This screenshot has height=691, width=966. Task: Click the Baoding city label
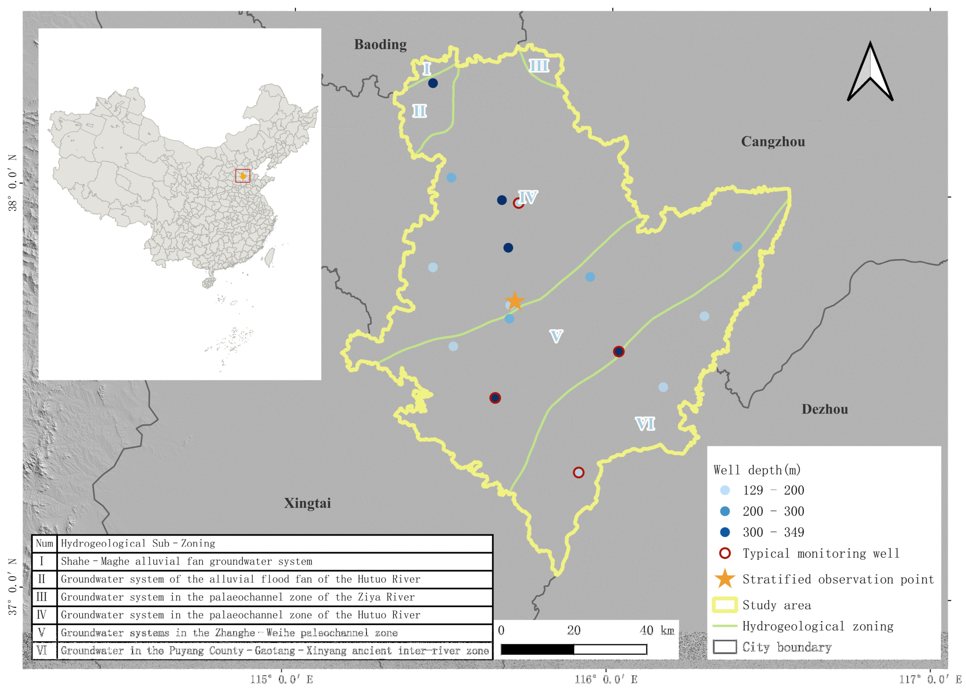(380, 45)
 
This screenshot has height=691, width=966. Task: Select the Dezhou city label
(824, 409)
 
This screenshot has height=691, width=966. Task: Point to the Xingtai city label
(307, 503)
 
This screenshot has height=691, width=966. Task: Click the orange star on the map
(515, 301)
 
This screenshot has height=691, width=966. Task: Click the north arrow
(870, 72)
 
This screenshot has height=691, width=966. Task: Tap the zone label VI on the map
(645, 424)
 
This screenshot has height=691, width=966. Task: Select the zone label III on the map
(539, 66)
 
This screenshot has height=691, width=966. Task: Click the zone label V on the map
(556, 336)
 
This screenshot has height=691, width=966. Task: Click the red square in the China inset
(243, 176)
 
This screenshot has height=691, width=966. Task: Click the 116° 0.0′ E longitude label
(606, 679)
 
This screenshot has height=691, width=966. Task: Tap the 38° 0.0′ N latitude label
(13, 183)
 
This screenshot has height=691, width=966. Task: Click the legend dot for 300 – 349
(725, 532)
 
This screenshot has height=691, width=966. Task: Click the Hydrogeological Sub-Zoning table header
(138, 543)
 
